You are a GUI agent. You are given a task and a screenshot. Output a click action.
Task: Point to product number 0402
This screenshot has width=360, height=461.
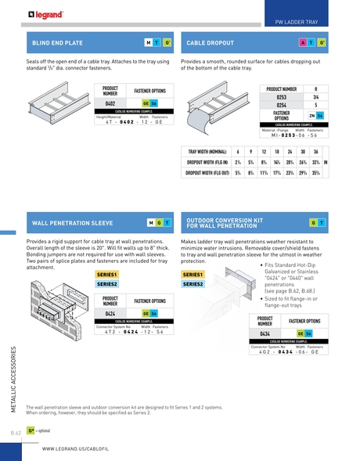(x=110, y=103)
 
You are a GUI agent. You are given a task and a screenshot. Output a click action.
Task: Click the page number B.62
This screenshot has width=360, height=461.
(x=16, y=432)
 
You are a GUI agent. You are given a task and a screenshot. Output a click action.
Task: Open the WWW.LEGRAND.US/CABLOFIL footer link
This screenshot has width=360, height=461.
(x=74, y=449)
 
